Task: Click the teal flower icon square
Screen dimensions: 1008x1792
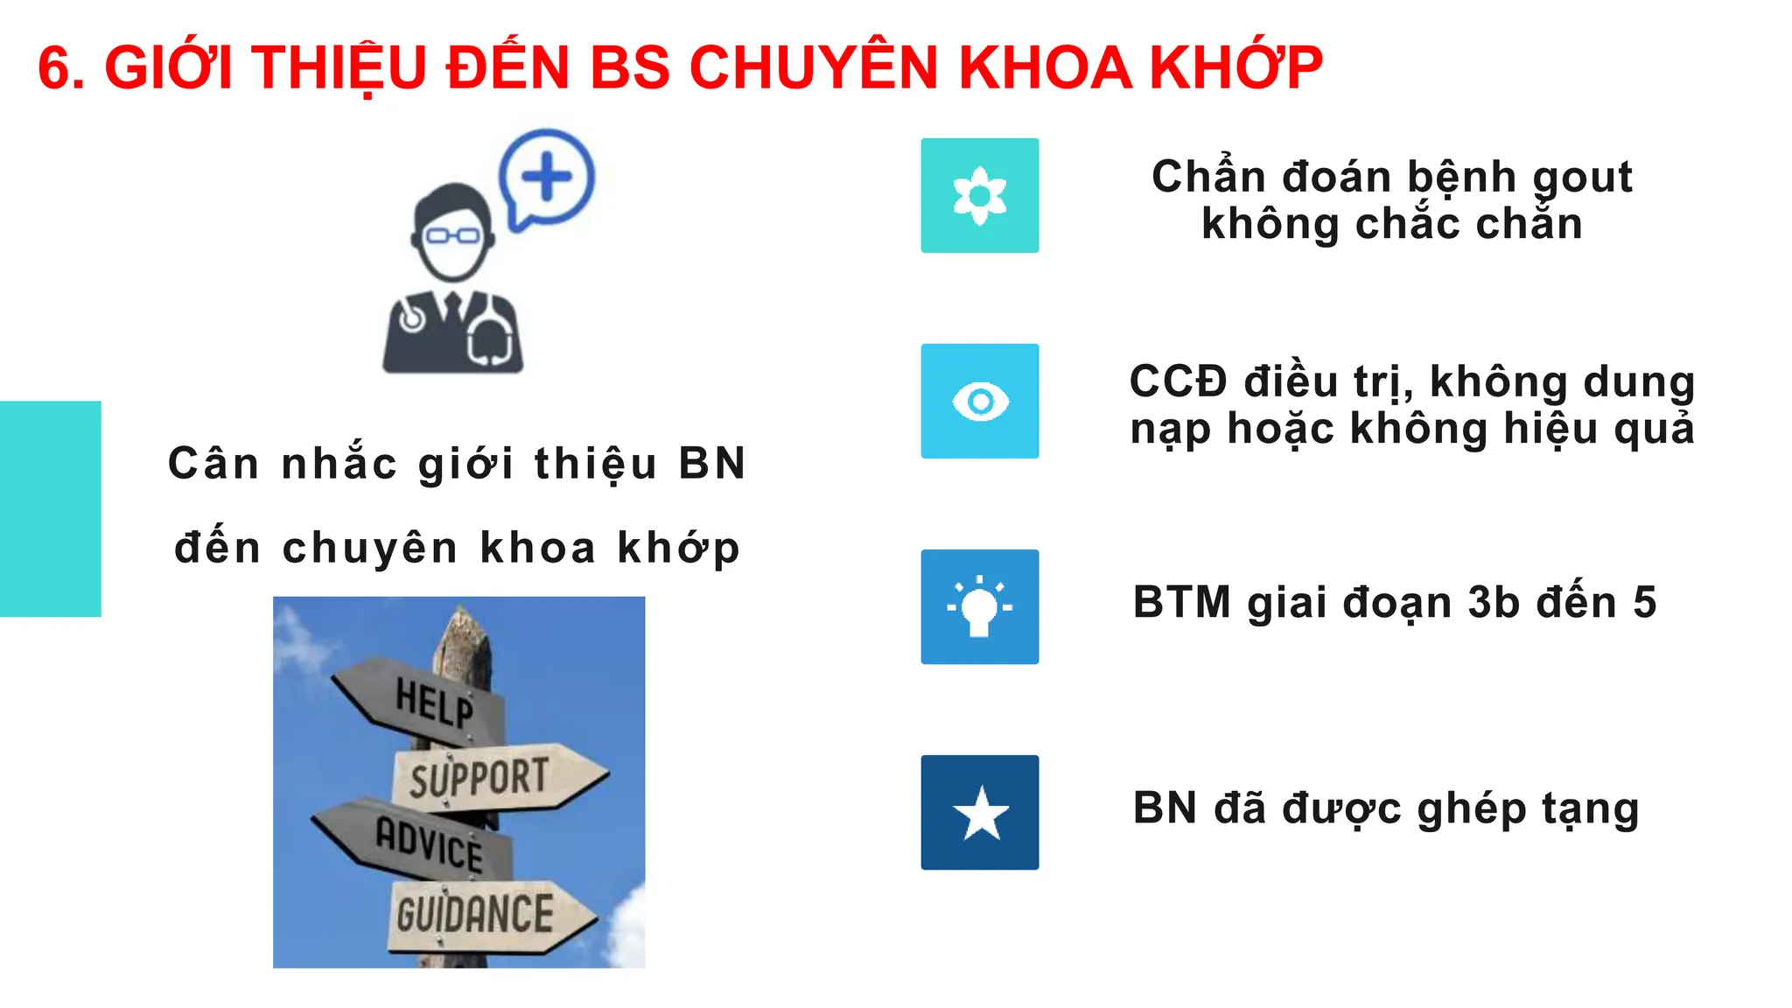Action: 979,195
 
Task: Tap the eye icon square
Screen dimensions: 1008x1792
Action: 979,401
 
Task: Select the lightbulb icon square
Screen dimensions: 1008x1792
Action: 979,606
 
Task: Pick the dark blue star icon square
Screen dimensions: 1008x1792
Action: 979,812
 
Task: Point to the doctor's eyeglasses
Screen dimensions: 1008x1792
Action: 452,235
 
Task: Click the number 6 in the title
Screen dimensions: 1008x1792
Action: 54,68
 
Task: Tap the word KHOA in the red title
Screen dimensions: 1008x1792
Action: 1045,68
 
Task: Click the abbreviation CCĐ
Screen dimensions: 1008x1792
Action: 1178,382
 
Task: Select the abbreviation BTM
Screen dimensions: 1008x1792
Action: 1181,603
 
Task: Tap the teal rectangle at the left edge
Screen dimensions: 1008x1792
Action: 50,508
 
